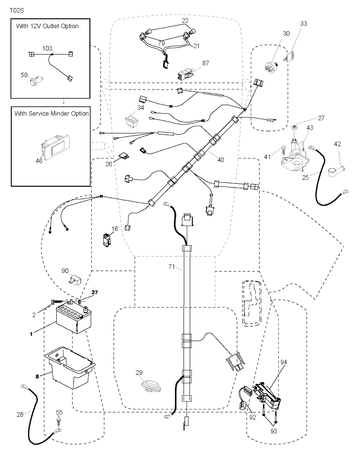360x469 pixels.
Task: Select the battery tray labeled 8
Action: coord(70,368)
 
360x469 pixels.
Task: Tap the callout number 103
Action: coord(47,49)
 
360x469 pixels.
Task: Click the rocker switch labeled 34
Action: coord(132,119)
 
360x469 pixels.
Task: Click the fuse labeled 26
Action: coord(124,154)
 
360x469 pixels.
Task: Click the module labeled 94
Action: coord(268,395)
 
